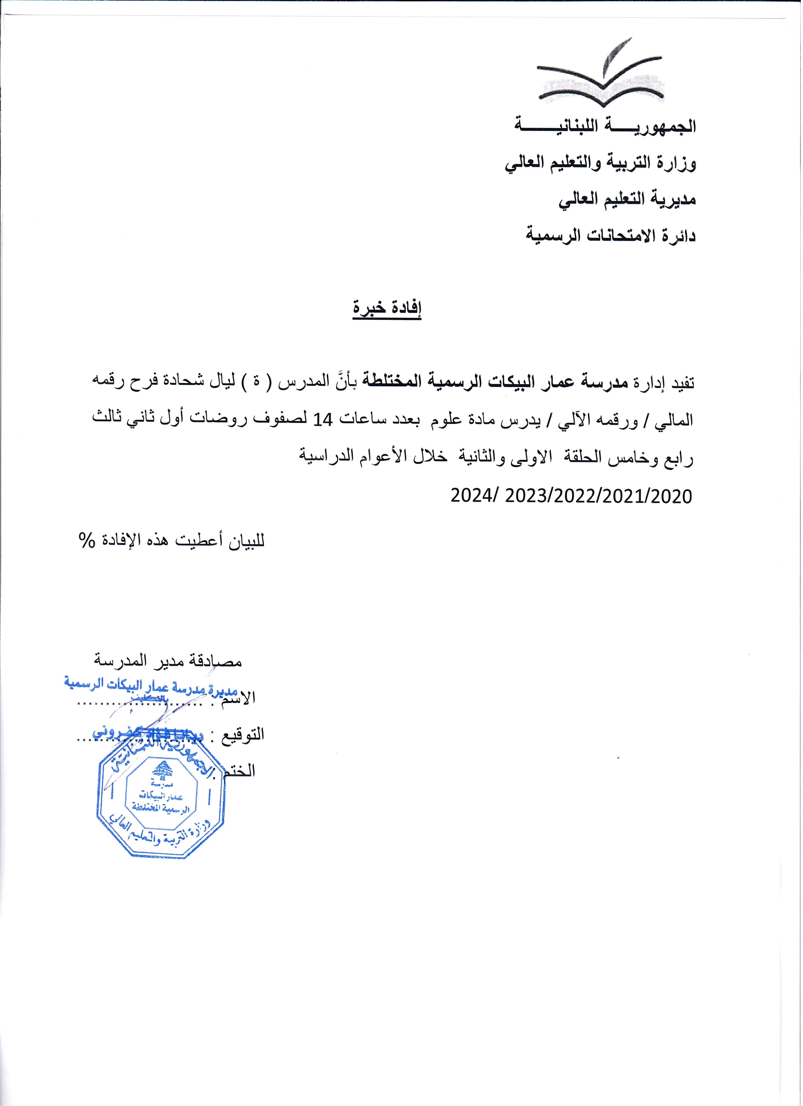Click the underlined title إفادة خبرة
[x=387, y=308]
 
